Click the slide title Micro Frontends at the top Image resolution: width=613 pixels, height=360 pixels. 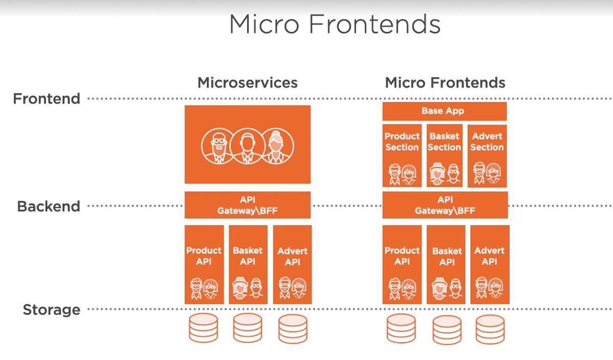coord(335,24)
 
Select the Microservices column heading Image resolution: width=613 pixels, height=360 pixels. coord(247,83)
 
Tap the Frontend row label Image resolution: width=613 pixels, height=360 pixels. coord(46,99)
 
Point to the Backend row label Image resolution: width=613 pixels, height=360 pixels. coord(49,206)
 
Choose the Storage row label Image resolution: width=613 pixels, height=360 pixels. coord(52,309)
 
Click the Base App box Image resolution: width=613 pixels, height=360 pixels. coord(444,111)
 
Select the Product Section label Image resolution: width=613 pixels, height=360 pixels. coord(402,142)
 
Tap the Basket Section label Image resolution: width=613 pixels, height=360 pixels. coord(444,142)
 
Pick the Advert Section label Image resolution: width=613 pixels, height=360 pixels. coord(487,142)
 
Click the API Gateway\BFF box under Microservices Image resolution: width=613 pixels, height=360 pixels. coord(248,205)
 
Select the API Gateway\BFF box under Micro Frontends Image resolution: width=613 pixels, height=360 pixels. coord(445,205)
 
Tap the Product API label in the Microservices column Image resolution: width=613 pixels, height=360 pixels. coord(204,256)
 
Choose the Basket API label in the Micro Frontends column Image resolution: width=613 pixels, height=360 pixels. coord(447,256)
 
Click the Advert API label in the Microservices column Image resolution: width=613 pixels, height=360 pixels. coord(293,256)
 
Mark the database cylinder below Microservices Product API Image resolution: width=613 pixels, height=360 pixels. coord(204,328)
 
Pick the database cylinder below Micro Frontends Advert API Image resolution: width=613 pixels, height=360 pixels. coord(490,329)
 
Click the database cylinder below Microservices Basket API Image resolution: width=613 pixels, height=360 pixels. coord(248,328)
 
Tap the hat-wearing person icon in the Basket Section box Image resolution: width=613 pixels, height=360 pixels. coord(437,174)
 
